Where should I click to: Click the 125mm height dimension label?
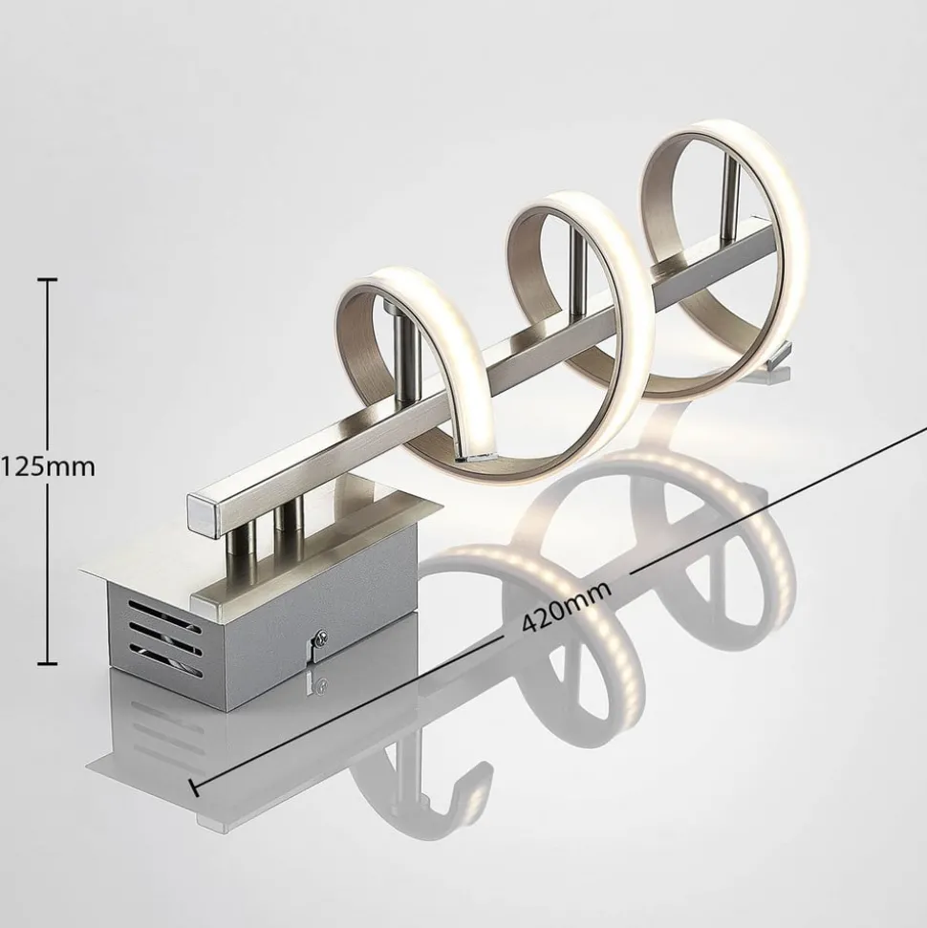point(48,467)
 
